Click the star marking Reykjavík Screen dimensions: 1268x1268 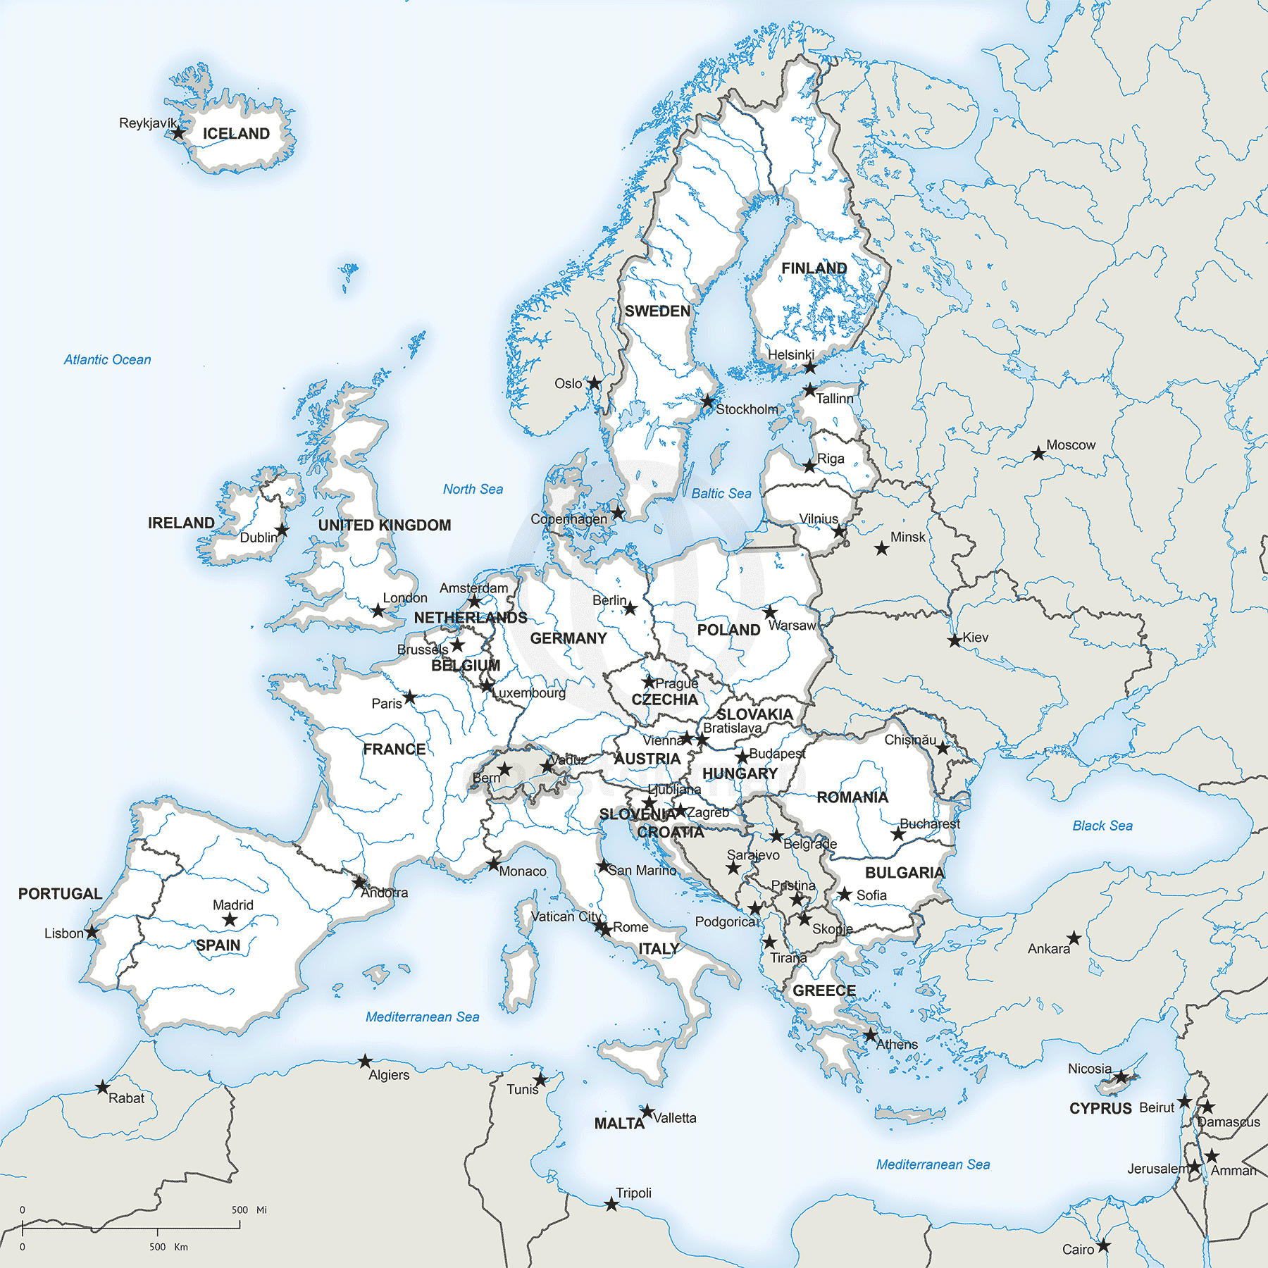click(x=179, y=132)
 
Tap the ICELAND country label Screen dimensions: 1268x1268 click(x=236, y=134)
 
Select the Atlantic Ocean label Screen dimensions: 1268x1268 click(x=107, y=360)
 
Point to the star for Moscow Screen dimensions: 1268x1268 click(x=1038, y=453)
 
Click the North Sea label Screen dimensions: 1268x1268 click(x=473, y=490)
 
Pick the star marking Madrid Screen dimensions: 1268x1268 click(x=230, y=920)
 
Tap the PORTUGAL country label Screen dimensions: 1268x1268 click(x=60, y=894)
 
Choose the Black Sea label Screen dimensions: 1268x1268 click(x=1102, y=826)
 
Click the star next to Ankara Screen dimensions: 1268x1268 click(x=1074, y=938)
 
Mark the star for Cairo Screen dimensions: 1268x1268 click(x=1103, y=1245)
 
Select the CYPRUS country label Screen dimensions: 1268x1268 click(x=1100, y=1109)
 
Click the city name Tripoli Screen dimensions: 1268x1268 click(x=633, y=1193)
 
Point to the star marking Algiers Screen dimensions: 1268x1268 click(x=365, y=1061)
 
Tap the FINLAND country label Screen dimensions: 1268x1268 click(x=814, y=268)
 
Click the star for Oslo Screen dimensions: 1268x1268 click(x=595, y=383)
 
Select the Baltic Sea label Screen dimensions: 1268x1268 click(x=721, y=494)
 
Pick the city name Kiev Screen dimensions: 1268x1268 click(x=976, y=638)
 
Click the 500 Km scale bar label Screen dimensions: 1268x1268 click(x=168, y=1247)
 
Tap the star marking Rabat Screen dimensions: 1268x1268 click(x=103, y=1087)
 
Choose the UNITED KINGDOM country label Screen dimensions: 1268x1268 click(x=385, y=526)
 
